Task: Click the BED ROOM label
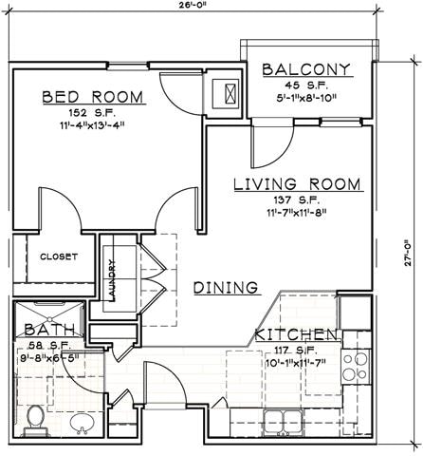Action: pos(92,97)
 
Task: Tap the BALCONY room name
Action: pos(306,69)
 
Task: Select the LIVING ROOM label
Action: pos(297,183)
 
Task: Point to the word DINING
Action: pos(227,288)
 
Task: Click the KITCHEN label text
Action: pos(295,334)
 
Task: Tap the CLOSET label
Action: pos(59,256)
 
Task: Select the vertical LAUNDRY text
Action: pos(112,280)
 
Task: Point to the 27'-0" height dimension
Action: pos(414,256)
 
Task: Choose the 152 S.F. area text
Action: pos(92,113)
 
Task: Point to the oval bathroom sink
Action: pos(83,422)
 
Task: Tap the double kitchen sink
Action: pos(282,421)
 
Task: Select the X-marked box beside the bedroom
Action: pos(229,93)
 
